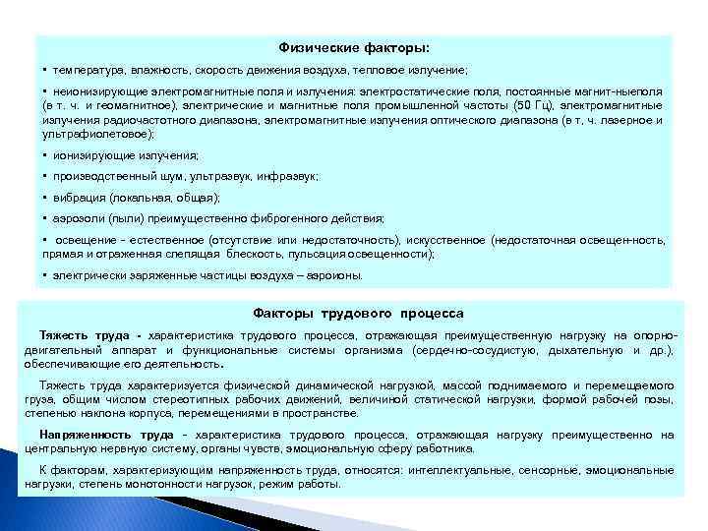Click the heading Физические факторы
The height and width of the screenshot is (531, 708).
(x=354, y=47)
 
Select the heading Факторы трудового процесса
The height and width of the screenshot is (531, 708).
(x=358, y=314)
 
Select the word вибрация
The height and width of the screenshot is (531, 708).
(x=79, y=198)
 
